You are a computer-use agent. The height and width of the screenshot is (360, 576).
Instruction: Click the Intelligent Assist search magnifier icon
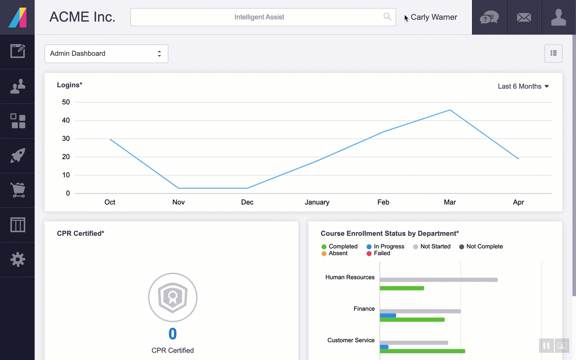pyautogui.click(x=387, y=17)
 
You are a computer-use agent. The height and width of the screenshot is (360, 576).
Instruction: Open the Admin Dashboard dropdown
pyautogui.click(x=106, y=54)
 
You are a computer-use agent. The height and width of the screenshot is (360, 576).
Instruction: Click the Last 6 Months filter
pyautogui.click(x=523, y=86)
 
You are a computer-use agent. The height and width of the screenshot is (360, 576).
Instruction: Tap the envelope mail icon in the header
pyautogui.click(x=524, y=18)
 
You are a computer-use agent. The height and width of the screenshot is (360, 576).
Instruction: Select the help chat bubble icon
pyautogui.click(x=489, y=18)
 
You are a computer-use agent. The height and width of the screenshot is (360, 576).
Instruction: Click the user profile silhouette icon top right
pyautogui.click(x=558, y=17)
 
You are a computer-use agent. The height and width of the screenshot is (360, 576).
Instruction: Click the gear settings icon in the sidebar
pyautogui.click(x=18, y=260)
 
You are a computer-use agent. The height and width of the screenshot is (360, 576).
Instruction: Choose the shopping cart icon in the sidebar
pyautogui.click(x=18, y=190)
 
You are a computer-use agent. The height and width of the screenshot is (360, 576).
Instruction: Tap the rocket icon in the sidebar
pyautogui.click(x=18, y=155)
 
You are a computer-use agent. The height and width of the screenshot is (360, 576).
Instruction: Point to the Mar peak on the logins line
pyautogui.click(x=450, y=110)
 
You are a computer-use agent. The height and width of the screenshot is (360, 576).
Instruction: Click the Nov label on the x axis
pyautogui.click(x=179, y=202)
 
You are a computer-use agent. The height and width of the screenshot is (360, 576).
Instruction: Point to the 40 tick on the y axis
pyautogui.click(x=66, y=120)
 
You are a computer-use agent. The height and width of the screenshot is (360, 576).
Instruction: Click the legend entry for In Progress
pyautogui.click(x=385, y=246)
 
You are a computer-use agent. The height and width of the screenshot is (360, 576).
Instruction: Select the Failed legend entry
pyautogui.click(x=378, y=253)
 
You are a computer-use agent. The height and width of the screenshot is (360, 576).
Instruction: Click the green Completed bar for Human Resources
pyautogui.click(x=402, y=288)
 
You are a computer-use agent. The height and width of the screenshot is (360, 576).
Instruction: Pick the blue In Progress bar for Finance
pyautogui.click(x=388, y=315)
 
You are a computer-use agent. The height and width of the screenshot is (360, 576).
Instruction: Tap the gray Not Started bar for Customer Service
pyautogui.click(x=414, y=342)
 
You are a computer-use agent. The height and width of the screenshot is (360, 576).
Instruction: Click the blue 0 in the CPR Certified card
pyautogui.click(x=172, y=334)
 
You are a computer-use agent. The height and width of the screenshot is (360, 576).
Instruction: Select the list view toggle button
pyautogui.click(x=553, y=54)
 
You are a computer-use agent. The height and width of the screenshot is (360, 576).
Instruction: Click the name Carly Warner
pyautogui.click(x=434, y=17)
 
